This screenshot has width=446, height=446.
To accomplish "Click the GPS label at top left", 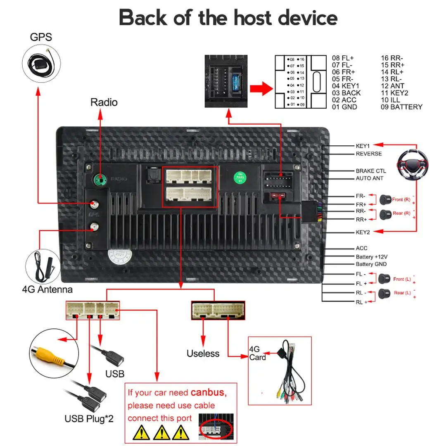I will click(x=41, y=37).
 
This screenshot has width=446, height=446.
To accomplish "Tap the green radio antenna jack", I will click(x=98, y=179).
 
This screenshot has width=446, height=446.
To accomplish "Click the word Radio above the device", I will click(x=104, y=102).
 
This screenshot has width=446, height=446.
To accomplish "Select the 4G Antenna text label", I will click(x=47, y=289).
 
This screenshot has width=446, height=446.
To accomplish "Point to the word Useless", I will click(x=203, y=353).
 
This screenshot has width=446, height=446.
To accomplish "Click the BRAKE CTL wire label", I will click(x=371, y=171).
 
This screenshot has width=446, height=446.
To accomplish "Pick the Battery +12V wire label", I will click(x=371, y=256).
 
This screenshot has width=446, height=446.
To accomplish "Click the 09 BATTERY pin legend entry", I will click(x=401, y=107).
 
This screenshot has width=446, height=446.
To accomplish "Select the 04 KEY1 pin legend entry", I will click(x=346, y=86).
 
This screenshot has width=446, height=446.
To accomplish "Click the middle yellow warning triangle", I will click(x=161, y=432).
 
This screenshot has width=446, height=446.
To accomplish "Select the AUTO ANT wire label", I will click(x=369, y=178).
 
